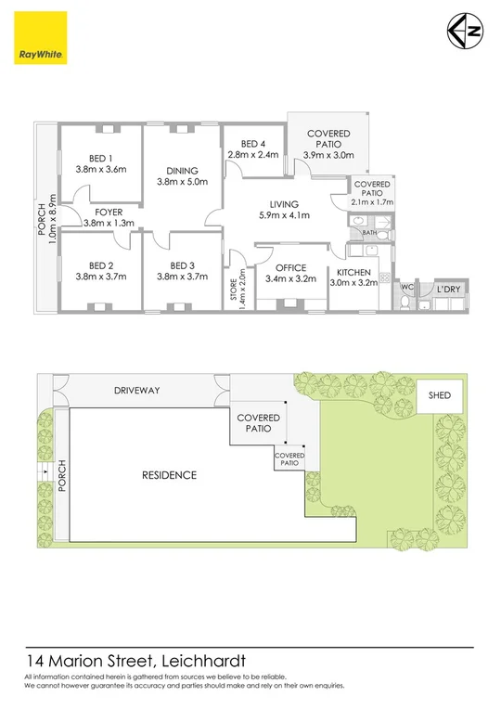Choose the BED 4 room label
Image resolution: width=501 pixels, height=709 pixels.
[x=252, y=144]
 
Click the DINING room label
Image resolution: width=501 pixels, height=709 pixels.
[x=182, y=171]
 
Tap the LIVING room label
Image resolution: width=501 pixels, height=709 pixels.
[x=284, y=204]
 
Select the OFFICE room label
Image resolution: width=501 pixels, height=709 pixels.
[x=291, y=267]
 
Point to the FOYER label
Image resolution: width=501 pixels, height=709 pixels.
[x=109, y=212]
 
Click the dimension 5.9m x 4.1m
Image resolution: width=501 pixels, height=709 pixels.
[x=284, y=215]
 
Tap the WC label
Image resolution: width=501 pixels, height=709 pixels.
[x=405, y=287]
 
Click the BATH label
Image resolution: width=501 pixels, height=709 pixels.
[x=368, y=233]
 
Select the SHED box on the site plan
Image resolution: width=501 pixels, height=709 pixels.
[x=440, y=396]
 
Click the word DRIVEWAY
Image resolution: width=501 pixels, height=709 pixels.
[x=135, y=391]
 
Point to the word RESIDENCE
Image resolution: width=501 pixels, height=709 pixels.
[x=169, y=475]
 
